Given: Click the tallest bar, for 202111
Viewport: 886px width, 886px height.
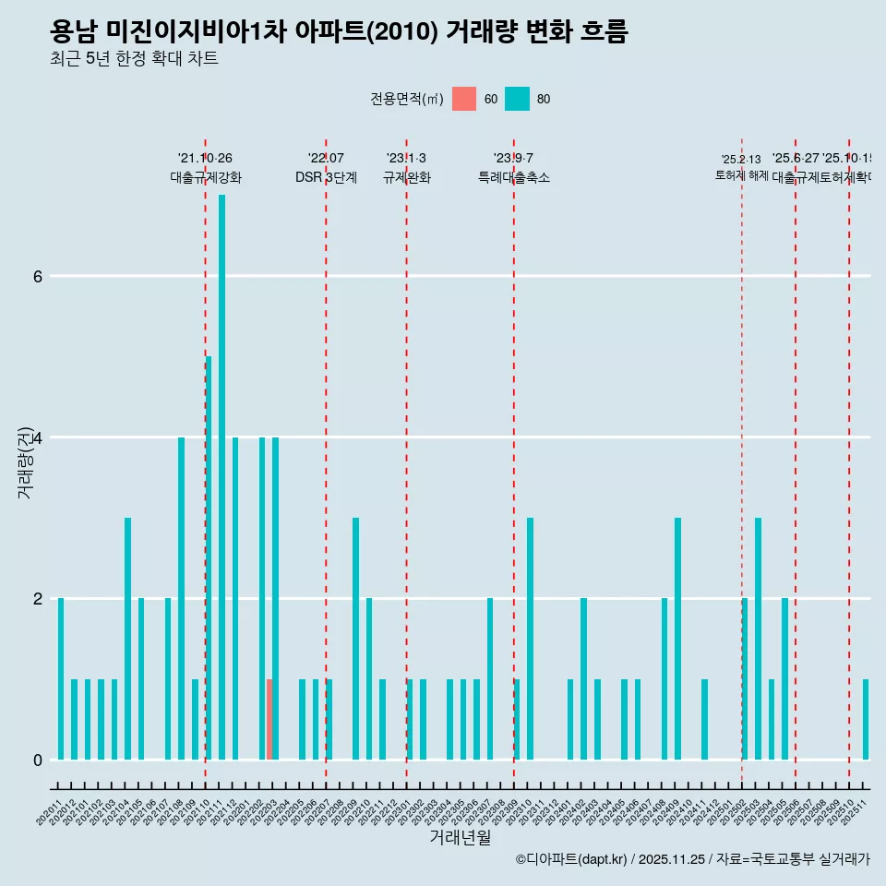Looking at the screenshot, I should click(x=221, y=477).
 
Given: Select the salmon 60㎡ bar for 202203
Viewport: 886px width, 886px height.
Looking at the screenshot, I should click(x=269, y=720).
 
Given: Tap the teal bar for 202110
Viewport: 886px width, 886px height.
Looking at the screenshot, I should click(x=209, y=557).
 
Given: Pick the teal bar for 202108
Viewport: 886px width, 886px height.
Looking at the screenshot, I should click(x=181, y=598).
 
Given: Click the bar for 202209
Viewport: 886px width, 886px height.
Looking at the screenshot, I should click(x=355, y=639).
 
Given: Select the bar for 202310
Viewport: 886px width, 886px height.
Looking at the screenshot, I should click(x=530, y=639).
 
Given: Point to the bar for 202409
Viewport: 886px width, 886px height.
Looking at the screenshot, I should click(x=677, y=639).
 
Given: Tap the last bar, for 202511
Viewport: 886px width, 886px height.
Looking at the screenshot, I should click(x=866, y=720).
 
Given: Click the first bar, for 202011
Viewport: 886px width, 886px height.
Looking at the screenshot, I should click(x=61, y=678).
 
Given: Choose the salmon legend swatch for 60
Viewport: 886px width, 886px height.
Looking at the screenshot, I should click(x=464, y=99).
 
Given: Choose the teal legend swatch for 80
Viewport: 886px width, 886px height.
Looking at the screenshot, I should click(x=518, y=99).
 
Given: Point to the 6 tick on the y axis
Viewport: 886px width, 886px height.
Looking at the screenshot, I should click(x=37, y=276).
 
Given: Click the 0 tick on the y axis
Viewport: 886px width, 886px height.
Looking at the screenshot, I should click(x=37, y=760).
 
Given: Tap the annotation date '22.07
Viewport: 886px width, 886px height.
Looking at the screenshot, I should click(x=326, y=158).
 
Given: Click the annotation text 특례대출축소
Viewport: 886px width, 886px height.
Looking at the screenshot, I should click(x=513, y=177).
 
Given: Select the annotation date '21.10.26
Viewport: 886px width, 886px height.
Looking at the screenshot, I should click(x=205, y=158).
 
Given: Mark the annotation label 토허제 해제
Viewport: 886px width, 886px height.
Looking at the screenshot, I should click(x=741, y=175).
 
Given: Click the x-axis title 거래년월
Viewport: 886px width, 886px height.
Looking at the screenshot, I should click(x=460, y=837).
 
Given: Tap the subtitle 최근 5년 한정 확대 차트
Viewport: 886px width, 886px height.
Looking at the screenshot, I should click(x=134, y=59).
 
